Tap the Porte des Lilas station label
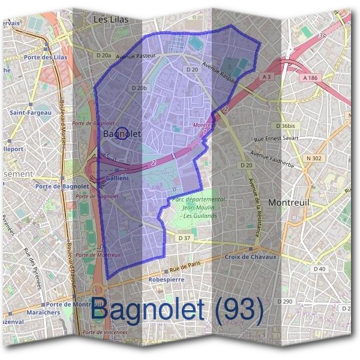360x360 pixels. pos(46,57)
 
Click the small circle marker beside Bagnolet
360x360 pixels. pos(121,134)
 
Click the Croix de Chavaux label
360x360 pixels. pos(251,257)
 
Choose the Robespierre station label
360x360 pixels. pos(167,280)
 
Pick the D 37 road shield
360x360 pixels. pos(185,238)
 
